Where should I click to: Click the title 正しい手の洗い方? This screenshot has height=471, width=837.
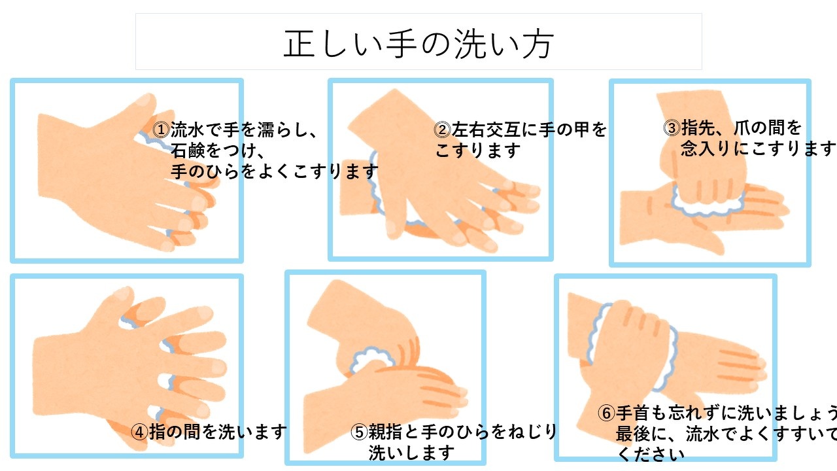(418, 44)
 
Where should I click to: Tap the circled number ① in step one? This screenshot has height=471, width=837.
(162, 130)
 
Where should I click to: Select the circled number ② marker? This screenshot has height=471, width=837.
(443, 130)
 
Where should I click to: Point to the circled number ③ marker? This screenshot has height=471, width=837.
(672, 128)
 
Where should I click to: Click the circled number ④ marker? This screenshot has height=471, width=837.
(140, 432)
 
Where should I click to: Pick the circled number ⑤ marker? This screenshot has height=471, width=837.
(359, 432)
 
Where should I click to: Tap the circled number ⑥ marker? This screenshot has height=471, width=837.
(606, 413)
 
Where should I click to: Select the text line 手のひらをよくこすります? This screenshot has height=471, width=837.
(275, 171)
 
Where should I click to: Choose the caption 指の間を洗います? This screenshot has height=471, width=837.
(218, 432)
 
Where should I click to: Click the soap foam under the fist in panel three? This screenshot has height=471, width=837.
(708, 203)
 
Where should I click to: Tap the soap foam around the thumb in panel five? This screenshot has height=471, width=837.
(372, 360)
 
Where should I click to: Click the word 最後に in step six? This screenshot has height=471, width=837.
(642, 434)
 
